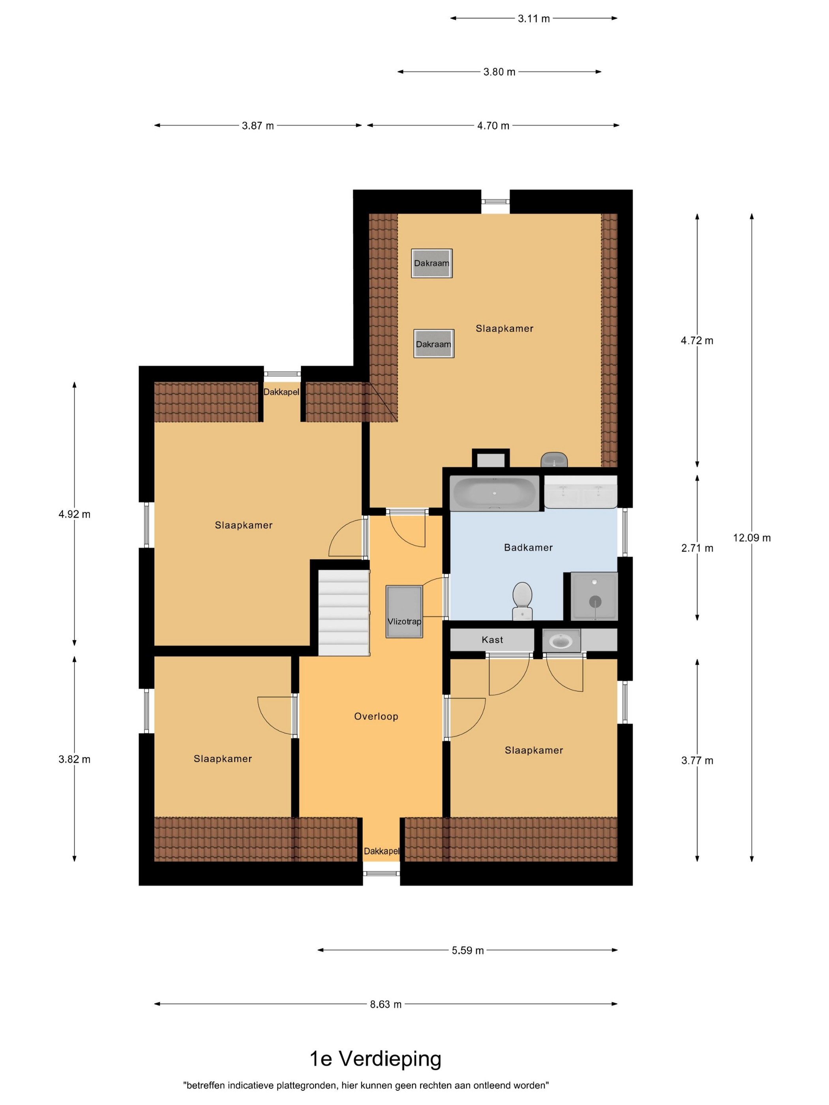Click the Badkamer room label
coord(528,547)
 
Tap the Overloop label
coord(376,716)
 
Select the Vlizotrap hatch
coord(404,611)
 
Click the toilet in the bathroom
coord(522,601)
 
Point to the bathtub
coord(495,493)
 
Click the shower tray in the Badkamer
coord(594,596)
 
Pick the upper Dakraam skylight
coord(432,263)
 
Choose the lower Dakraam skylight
coord(434,344)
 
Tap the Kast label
coord(492,639)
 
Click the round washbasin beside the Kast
coord(561,641)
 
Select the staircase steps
coord(344,612)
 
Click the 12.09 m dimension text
coord(752,538)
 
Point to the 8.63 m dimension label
coord(386,1004)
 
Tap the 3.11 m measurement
coord(534,19)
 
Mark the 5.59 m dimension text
coord(468,950)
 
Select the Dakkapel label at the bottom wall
coord(381,851)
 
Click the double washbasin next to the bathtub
coord(581,492)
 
